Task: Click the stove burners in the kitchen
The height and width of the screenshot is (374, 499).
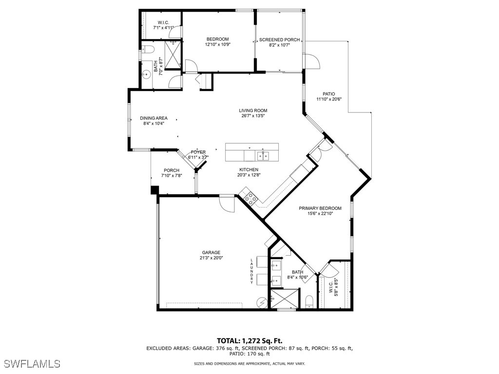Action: (250, 197)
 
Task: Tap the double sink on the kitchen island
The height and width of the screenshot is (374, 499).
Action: (263, 156)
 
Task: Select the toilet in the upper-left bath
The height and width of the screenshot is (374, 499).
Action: (148, 49)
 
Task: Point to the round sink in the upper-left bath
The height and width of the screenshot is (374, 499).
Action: (146, 75)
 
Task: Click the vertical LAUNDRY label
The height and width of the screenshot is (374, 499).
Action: (252, 271)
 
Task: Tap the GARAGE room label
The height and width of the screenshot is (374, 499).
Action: (211, 252)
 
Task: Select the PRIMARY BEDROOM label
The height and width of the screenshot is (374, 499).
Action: (320, 208)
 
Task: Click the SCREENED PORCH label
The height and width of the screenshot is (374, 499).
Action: (279, 40)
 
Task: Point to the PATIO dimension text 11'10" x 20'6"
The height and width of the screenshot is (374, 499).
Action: (329, 99)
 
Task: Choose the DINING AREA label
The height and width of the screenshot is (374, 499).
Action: (154, 118)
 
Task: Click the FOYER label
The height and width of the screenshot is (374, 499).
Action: (198, 152)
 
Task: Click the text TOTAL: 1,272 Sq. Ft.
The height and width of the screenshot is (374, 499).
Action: (249, 341)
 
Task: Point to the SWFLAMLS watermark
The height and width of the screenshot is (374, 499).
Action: (32, 364)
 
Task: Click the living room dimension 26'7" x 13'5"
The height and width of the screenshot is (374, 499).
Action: (253, 116)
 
